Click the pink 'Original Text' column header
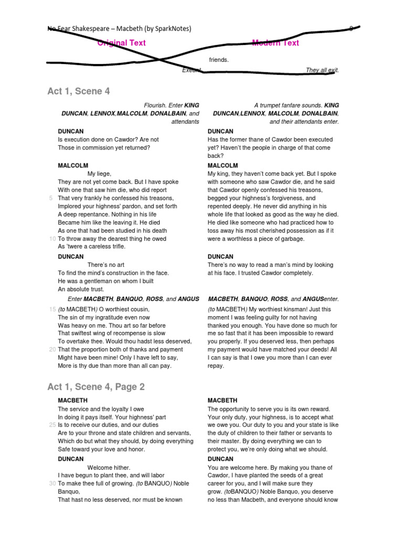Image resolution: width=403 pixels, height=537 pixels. [122, 43]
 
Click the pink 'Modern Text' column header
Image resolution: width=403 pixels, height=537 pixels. [275, 43]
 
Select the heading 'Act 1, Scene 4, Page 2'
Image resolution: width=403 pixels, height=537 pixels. [96, 387]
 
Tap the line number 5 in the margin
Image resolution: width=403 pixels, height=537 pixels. [51, 198]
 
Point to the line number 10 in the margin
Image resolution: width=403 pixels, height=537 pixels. [52, 239]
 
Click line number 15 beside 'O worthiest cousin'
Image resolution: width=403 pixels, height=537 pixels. [52, 309]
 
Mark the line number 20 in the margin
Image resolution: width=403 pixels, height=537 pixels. [52, 349]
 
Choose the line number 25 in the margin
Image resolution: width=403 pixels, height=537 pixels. [52, 424]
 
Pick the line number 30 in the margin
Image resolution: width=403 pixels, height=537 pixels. [52, 483]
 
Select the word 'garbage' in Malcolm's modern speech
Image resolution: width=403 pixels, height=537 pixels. [292, 239]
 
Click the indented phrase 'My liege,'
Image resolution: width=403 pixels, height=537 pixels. [99, 174]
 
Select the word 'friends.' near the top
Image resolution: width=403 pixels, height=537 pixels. [219, 60]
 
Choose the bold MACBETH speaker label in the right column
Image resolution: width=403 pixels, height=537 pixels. [222, 400]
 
